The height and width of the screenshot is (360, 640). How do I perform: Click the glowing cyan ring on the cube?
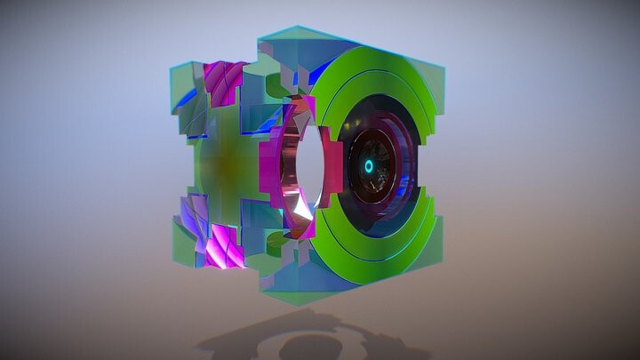369,166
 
